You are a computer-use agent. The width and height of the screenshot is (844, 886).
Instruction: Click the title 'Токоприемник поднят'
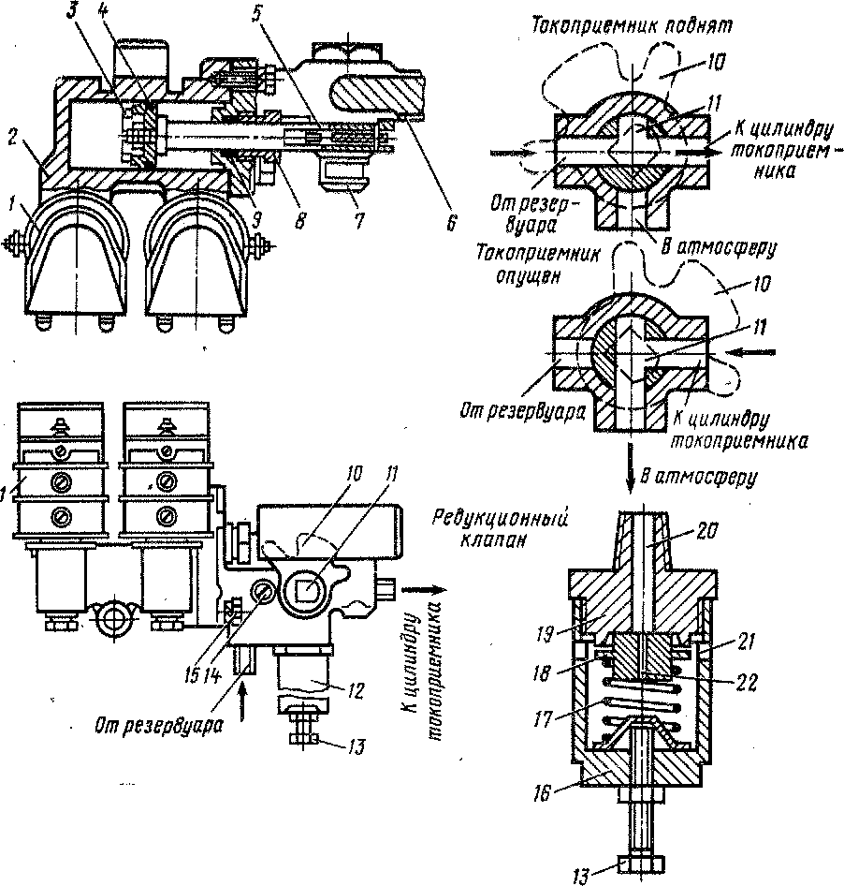pyautogui.click(x=632, y=26)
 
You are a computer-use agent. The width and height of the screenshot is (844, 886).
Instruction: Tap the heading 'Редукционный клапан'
pyautogui.click(x=499, y=528)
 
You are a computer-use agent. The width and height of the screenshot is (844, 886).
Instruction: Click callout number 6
pyautogui.click(x=450, y=222)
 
